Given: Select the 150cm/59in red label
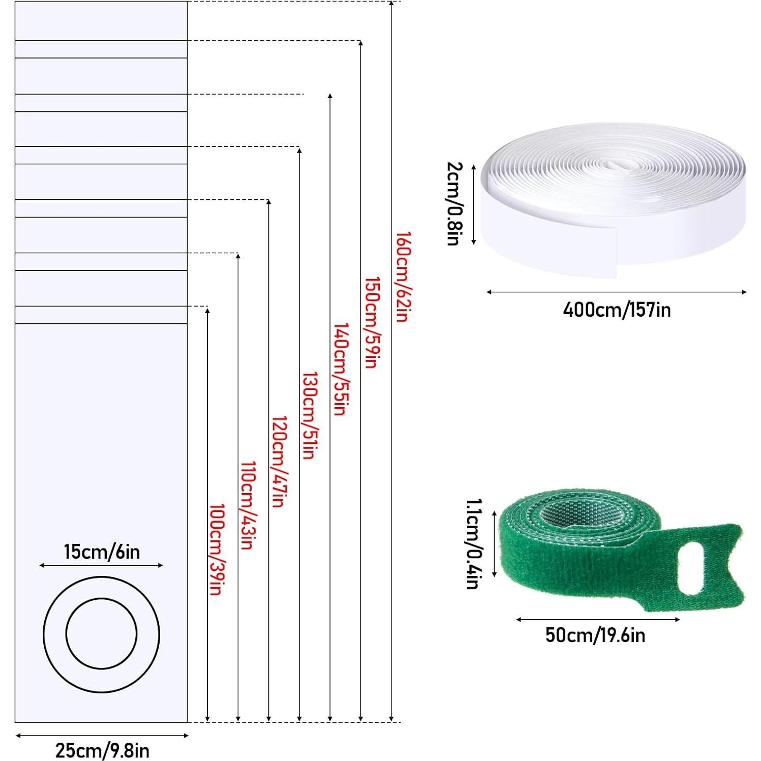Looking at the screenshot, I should click(372, 323).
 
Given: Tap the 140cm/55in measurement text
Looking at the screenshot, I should click(341, 370).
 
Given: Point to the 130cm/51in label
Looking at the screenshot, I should click(310, 416).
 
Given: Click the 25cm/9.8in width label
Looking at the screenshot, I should click(102, 750).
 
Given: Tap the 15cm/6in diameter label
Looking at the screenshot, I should click(102, 552).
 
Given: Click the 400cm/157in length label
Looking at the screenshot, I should click(617, 310).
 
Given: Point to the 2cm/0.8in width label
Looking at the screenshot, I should click(454, 204).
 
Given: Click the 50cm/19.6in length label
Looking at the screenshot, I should click(595, 635).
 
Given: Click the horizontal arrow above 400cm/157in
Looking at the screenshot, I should click(617, 292).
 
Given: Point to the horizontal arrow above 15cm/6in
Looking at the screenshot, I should click(102, 565).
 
